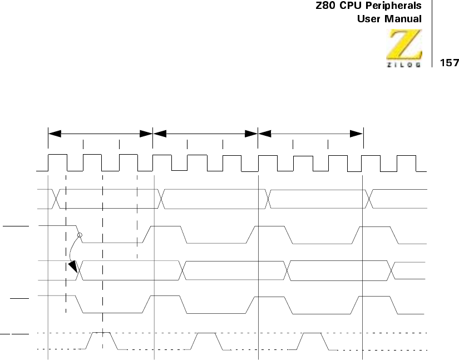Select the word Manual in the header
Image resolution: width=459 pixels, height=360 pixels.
403,18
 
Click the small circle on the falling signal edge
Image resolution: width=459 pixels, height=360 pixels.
80,235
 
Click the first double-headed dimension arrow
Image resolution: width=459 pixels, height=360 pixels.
100,134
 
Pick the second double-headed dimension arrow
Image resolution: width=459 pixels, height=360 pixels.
205,134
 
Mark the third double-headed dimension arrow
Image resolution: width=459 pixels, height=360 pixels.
310,134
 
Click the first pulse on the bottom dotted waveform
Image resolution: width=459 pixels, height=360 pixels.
102,339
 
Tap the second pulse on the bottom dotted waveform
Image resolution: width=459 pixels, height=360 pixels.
206,339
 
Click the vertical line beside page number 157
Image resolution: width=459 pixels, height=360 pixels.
433,33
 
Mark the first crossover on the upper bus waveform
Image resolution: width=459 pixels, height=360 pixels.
56,199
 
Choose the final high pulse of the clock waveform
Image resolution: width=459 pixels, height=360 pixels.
406,162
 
